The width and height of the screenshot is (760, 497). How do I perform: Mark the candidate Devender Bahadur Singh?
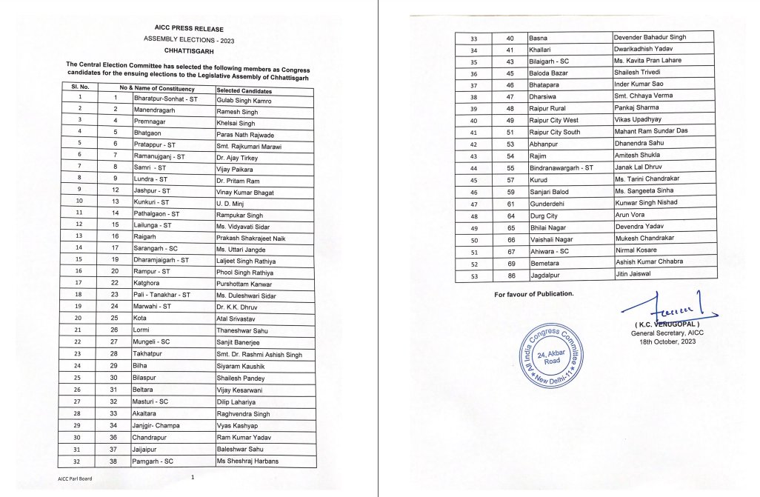click(x=656, y=36)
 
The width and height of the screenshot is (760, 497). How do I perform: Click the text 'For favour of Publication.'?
click(x=533, y=295)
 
